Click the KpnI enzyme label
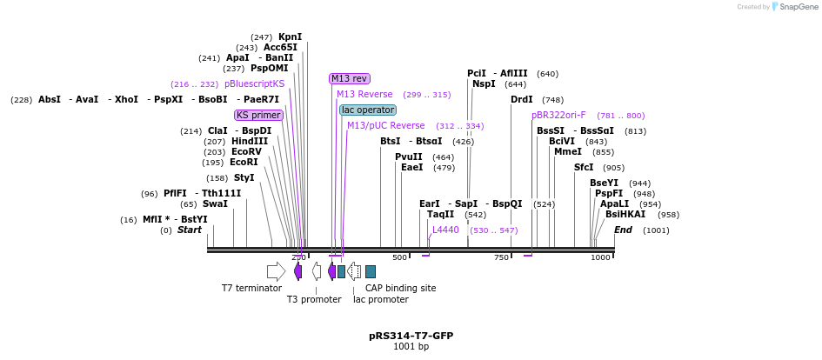tap(290, 37)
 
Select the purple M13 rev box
tap(349, 78)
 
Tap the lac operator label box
tap(367, 110)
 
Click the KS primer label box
tap(259, 115)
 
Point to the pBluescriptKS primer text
tap(254, 84)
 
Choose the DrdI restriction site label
tap(521, 100)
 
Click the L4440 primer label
tap(445, 230)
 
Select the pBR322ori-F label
tap(558, 115)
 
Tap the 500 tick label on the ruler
tap(400, 257)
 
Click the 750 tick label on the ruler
tap(502, 257)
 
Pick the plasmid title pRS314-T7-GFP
tap(411, 335)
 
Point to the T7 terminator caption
tap(251, 288)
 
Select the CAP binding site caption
tap(400, 288)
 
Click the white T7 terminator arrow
tap(276, 271)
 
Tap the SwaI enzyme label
tap(215, 203)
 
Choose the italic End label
tap(623, 230)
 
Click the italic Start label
tap(189, 230)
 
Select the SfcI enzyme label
tap(584, 167)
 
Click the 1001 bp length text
tap(411, 346)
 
